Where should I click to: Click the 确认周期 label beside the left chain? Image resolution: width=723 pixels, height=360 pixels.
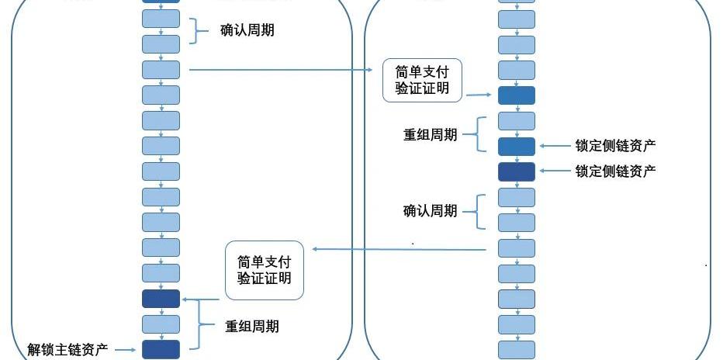pyautogui.click(x=247, y=31)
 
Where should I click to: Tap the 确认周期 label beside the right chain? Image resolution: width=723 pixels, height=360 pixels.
pyautogui.click(x=430, y=210)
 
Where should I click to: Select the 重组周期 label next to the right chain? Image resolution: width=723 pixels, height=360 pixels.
pyautogui.click(x=430, y=133)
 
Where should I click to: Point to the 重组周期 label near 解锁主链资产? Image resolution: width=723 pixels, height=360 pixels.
pyautogui.click(x=252, y=326)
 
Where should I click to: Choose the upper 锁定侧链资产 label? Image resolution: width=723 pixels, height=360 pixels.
pyautogui.click(x=615, y=146)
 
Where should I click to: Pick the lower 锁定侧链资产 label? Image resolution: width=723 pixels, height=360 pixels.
pyautogui.click(x=615, y=171)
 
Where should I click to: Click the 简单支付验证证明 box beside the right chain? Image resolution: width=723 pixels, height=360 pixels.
pyautogui.click(x=422, y=80)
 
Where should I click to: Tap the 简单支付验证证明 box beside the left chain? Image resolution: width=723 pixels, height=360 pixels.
pyautogui.click(x=265, y=271)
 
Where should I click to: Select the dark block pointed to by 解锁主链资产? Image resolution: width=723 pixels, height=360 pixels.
pyautogui.click(x=161, y=349)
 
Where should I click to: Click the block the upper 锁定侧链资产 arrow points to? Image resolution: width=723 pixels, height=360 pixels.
pyautogui.click(x=516, y=146)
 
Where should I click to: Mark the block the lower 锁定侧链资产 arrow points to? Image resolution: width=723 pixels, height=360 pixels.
pyautogui.click(x=516, y=171)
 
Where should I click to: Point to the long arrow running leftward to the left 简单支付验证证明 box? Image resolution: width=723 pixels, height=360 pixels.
pyautogui.click(x=399, y=249)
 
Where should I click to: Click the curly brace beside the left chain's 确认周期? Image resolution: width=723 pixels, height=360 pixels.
pyautogui.click(x=195, y=31)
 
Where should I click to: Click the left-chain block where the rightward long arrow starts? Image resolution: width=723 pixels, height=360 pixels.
pyautogui.click(x=161, y=70)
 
